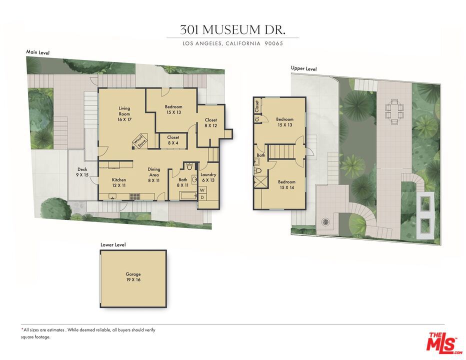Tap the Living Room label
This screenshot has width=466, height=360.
click(x=124, y=114)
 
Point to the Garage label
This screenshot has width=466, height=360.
click(x=133, y=277)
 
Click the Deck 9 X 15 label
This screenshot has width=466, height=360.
click(x=82, y=172)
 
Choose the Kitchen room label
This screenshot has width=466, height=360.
click(x=119, y=182)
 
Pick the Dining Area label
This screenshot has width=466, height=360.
click(x=154, y=174)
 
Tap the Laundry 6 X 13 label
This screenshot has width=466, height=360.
click(x=208, y=177)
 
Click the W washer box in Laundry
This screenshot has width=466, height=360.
click(x=202, y=189)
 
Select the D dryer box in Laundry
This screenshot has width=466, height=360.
click(x=202, y=197)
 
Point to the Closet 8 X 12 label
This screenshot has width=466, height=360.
click(x=210, y=122)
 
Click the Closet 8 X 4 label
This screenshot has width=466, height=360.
click(x=173, y=140)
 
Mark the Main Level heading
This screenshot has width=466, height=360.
click(x=38, y=52)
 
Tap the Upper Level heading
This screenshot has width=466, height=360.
click(x=304, y=68)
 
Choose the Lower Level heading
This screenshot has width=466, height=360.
click(x=113, y=244)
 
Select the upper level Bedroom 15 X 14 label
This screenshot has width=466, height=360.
click(x=286, y=184)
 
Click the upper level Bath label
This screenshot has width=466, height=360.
click(x=260, y=155)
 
